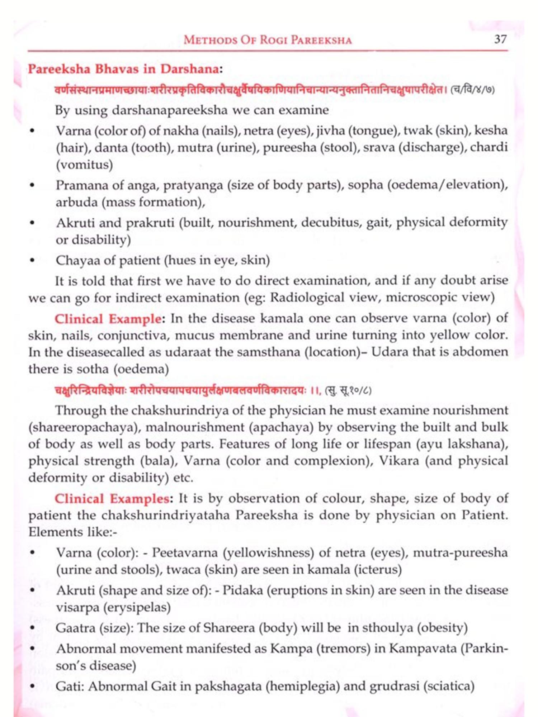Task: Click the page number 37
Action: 500,39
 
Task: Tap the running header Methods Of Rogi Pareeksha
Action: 268,39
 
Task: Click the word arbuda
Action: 76,202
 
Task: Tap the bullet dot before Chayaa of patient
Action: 33,261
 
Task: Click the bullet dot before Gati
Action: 33,687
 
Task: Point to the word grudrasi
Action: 394,686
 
